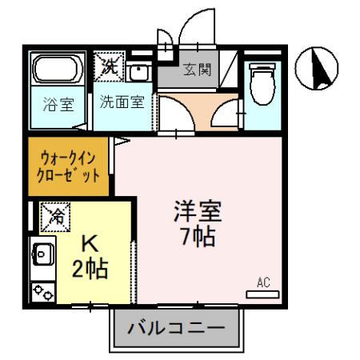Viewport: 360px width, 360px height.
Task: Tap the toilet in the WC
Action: point(261,84)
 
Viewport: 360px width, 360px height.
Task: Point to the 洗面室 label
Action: point(121,102)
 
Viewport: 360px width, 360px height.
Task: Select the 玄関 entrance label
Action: point(197,70)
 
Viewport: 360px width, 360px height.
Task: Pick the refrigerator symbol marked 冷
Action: point(57,214)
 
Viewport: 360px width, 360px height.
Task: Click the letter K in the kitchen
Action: point(90,243)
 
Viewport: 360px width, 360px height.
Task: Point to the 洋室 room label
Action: point(198,212)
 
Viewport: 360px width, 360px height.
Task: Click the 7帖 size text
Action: point(198,238)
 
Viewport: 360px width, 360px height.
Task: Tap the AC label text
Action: point(262,282)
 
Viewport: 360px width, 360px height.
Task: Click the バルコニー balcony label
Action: point(175,329)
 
